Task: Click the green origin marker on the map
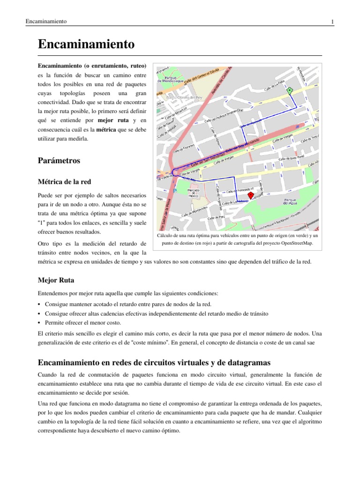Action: click(x=289, y=90)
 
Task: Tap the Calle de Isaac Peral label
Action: click(x=292, y=158)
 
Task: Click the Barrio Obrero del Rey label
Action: click(x=190, y=98)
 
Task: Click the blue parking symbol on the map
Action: click(x=176, y=191)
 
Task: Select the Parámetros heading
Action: click(x=59, y=160)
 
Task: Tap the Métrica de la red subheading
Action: click(x=65, y=181)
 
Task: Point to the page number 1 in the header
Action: click(x=332, y=22)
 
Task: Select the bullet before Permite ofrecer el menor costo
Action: click(x=39, y=323)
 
